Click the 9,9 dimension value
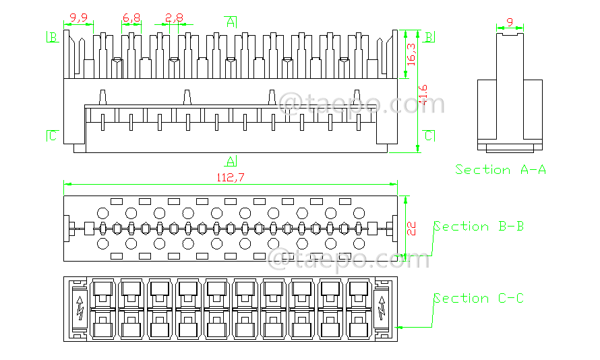79,18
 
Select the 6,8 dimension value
131,18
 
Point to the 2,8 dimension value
174,18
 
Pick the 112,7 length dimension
230,178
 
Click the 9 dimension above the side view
510,23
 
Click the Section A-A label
500,169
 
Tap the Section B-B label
479,227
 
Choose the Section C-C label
479,298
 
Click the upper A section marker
231,22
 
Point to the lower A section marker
231,160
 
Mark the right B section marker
429,36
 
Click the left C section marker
52,136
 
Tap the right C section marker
429,136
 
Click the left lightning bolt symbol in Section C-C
80,308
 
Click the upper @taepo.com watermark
363,104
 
